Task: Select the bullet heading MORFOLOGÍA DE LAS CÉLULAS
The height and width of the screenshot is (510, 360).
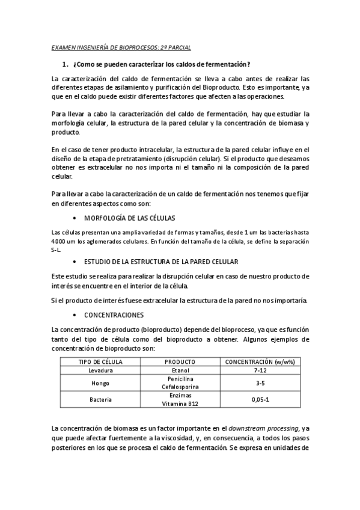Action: tap(129, 217)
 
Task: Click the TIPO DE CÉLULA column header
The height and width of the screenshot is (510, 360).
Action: tap(101, 361)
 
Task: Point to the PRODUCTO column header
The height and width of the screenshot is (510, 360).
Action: tap(180, 361)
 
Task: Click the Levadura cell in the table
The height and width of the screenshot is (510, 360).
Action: tap(101, 371)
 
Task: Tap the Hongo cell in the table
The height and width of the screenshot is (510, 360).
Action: tap(101, 383)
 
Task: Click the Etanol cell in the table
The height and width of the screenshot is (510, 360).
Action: tap(180, 371)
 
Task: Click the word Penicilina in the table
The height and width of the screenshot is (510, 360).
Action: tap(180, 379)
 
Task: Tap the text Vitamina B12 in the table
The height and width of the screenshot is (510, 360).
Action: tap(180, 404)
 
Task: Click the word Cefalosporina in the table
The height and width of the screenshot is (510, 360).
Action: tap(180, 387)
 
